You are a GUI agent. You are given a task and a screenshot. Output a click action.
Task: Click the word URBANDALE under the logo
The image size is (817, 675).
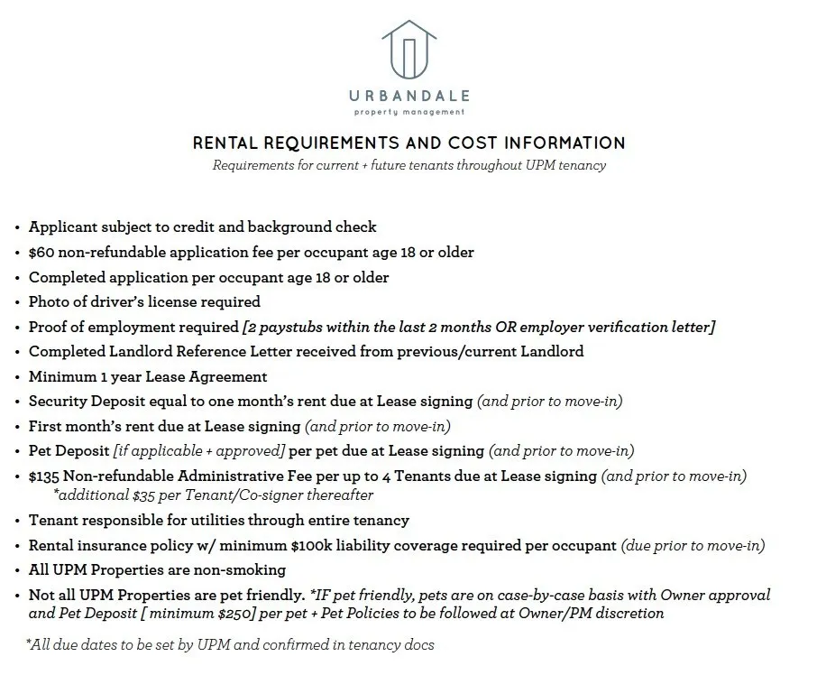pos(408,97)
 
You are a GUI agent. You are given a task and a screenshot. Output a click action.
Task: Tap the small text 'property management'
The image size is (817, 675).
pos(408,113)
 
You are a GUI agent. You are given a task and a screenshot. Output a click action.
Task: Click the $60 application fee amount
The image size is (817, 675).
pos(41,253)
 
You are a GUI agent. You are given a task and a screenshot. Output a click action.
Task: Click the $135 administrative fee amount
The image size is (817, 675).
pos(45,476)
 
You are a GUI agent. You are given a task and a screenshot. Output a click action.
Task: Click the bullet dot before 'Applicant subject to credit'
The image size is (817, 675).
pos(18,228)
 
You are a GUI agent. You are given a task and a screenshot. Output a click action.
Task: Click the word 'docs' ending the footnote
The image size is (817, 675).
pos(420,644)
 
